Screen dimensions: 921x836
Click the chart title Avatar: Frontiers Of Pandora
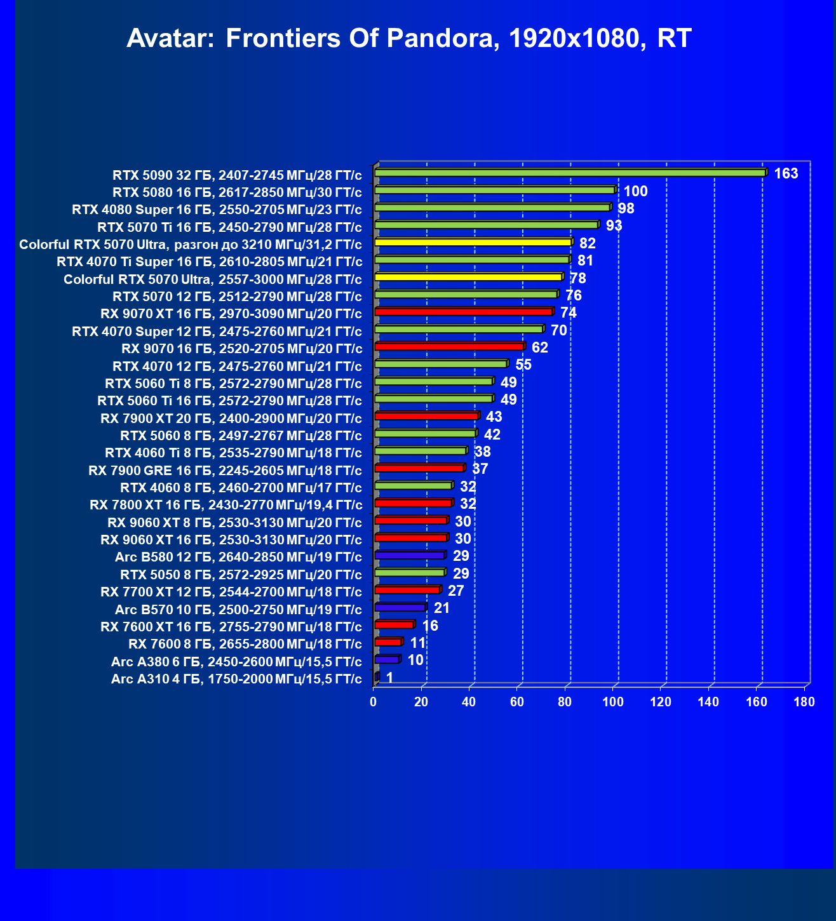click(408, 39)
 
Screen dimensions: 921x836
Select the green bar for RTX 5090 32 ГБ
click(570, 173)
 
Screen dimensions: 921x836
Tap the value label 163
click(786, 173)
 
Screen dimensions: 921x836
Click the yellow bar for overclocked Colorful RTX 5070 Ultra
click(473, 242)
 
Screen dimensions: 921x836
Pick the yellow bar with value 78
click(468, 277)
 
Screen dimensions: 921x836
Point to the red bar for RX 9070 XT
click(464, 312)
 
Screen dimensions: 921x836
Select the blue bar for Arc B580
click(410, 555)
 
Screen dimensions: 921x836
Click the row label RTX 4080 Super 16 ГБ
click(217, 210)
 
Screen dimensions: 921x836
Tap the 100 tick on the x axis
click(612, 702)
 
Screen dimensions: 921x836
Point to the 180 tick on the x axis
click(804, 702)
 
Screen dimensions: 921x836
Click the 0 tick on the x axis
click(374, 702)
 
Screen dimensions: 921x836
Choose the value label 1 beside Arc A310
click(389, 678)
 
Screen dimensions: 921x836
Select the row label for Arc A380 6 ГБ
click(236, 662)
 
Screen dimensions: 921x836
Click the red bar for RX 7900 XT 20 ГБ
click(426, 416)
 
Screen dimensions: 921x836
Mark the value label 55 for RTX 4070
click(523, 365)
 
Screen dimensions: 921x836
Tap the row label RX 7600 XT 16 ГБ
click(231, 627)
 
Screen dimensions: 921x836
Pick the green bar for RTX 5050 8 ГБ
click(410, 572)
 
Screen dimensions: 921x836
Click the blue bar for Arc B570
click(400, 607)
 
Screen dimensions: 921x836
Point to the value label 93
click(614, 225)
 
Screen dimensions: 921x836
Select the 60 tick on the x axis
click(517, 702)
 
